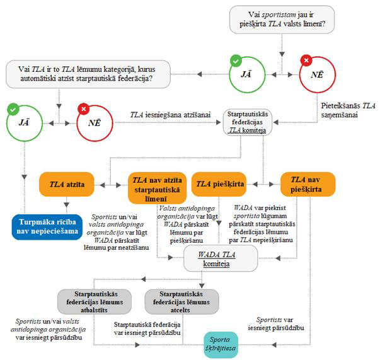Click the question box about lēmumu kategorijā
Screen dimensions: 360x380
(89, 74)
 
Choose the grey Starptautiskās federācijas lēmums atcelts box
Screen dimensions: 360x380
(173, 301)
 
